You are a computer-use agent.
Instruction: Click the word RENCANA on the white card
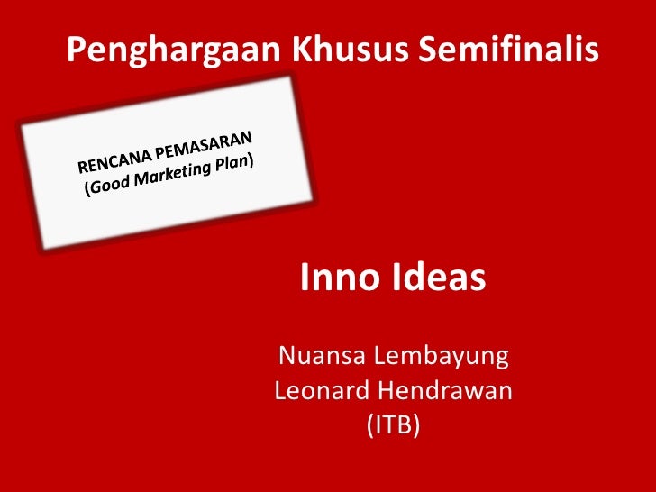(115, 161)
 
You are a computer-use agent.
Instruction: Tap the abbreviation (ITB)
(393, 424)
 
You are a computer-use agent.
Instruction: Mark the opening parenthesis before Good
(88, 191)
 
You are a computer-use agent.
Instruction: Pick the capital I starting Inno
(305, 278)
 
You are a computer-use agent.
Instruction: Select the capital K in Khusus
(301, 51)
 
